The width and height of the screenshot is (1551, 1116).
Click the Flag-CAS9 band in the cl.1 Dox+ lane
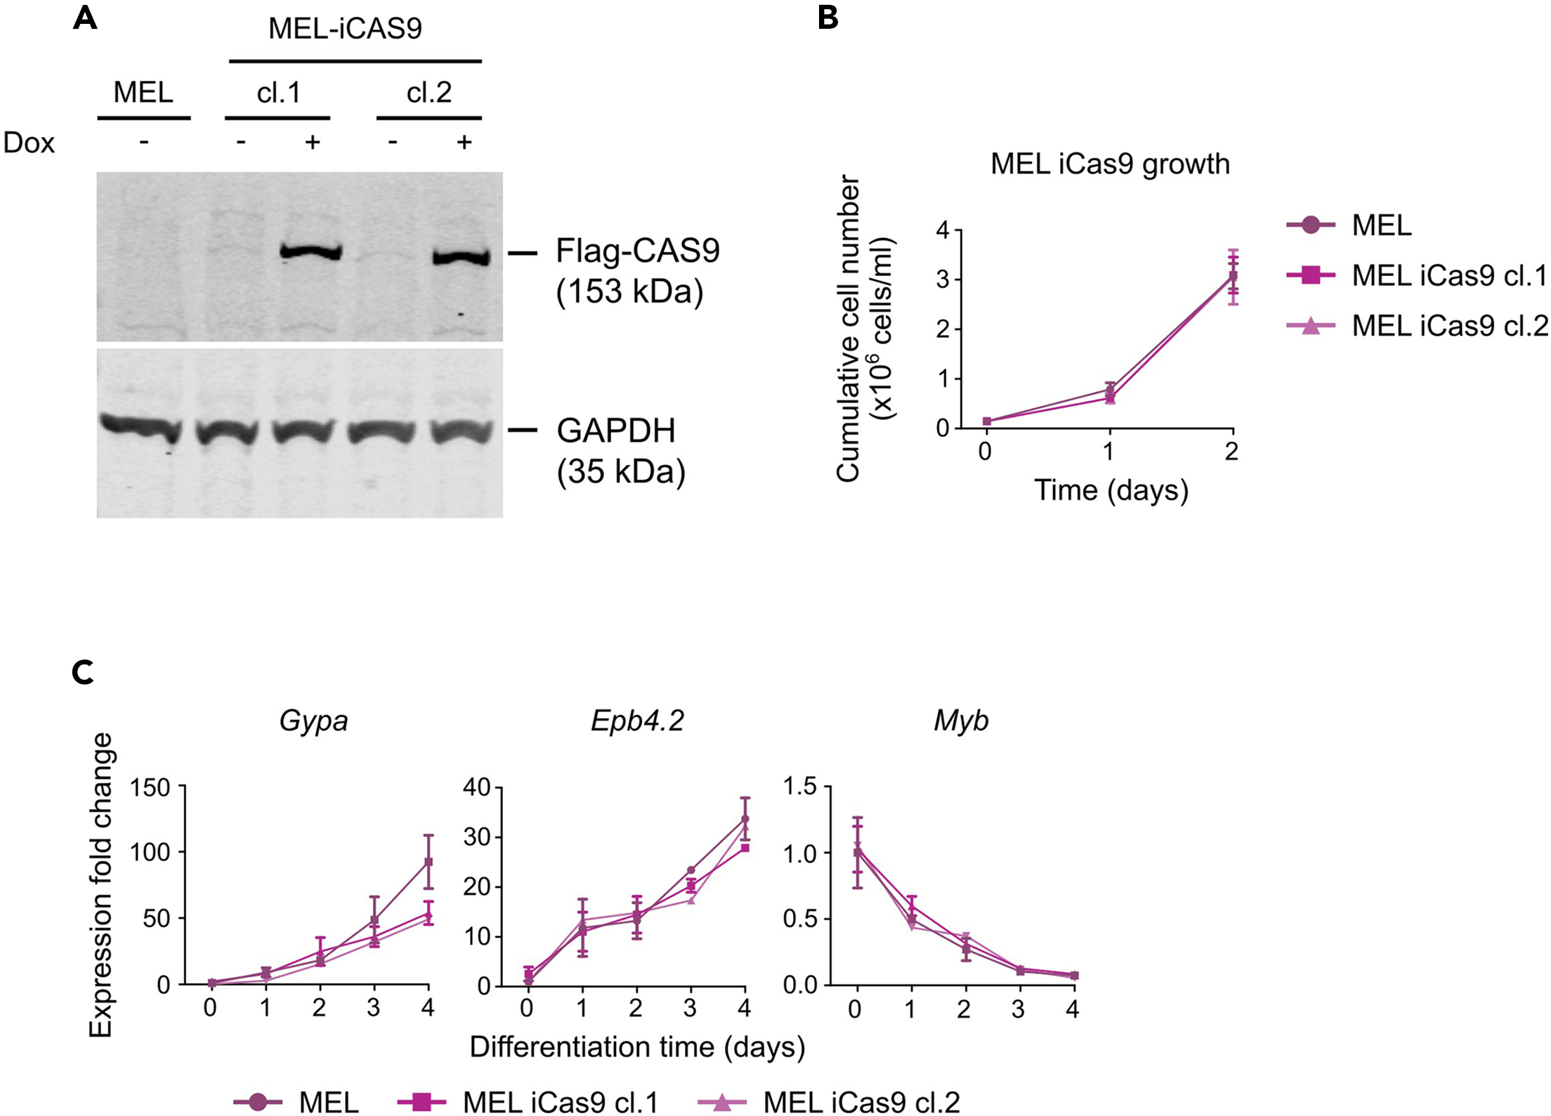310,251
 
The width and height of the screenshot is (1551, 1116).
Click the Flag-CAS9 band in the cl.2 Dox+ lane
461,257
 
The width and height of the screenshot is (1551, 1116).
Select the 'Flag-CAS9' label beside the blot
637,251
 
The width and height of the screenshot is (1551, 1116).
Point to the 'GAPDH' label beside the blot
615,431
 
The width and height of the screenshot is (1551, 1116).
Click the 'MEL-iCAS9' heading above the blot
345,29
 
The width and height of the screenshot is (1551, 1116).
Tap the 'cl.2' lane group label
428,92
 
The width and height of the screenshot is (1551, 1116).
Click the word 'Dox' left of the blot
29,143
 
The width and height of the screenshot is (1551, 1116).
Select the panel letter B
828,17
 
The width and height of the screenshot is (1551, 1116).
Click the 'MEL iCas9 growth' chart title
1110,164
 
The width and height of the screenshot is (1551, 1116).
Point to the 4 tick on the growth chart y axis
942,230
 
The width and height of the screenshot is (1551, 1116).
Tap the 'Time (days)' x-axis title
1111,490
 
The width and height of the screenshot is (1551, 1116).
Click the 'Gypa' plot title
313,721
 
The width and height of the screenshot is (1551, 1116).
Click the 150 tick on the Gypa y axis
150,787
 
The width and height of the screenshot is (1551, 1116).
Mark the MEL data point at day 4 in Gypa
428,862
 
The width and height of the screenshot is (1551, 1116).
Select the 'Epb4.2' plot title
637,721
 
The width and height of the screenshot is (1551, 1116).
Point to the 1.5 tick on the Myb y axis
801,786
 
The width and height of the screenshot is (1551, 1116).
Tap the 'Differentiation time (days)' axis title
637,1046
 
